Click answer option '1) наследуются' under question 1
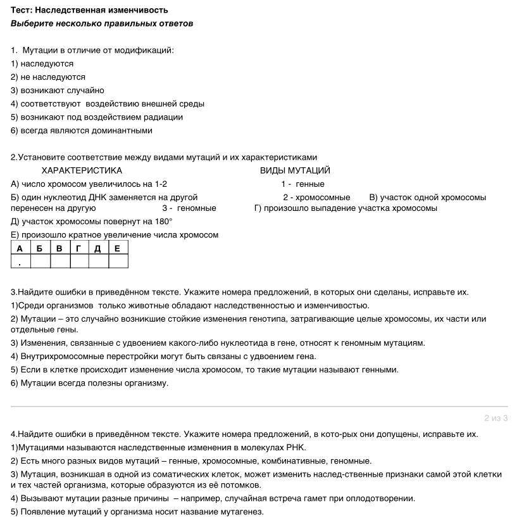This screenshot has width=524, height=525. pyautogui.click(x=42, y=63)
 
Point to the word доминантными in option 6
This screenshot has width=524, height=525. pyautogui.click(x=125, y=130)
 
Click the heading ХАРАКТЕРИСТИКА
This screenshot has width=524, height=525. pyautogui.click(x=82, y=170)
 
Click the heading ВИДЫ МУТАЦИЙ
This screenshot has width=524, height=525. pyautogui.click(x=295, y=170)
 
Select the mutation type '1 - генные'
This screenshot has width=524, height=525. pyautogui.click(x=303, y=184)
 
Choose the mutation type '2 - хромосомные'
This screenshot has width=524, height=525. pyautogui.click(x=316, y=197)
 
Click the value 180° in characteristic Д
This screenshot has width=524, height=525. pyautogui.click(x=163, y=222)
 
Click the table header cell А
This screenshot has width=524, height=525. pyautogui.click(x=20, y=248)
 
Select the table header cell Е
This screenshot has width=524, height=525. pyautogui.click(x=118, y=248)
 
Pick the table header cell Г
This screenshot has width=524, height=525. pyautogui.click(x=78, y=248)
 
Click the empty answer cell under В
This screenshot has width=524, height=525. pyautogui.click(x=59, y=262)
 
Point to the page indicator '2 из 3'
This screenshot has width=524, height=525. pyautogui.click(x=496, y=418)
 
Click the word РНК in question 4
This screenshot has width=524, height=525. pyautogui.click(x=296, y=447)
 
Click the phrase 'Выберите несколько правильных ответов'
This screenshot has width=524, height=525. pyautogui.click(x=102, y=23)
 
